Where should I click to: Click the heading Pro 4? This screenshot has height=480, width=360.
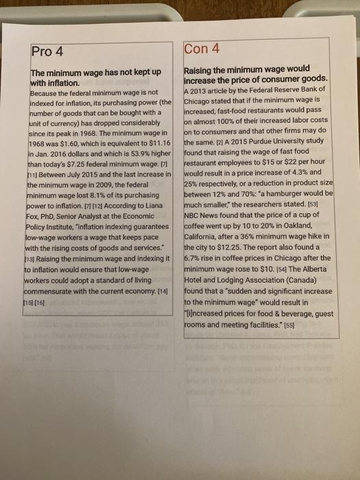(47, 51)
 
